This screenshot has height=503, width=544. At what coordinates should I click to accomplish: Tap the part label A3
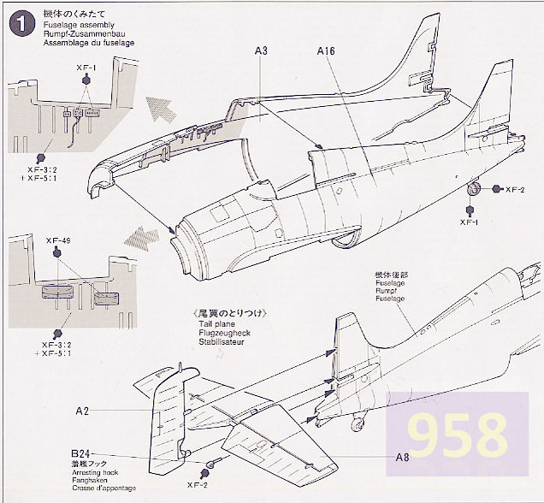(262, 51)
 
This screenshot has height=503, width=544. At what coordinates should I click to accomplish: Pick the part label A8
(402, 457)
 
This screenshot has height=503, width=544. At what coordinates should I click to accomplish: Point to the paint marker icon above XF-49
(56, 253)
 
